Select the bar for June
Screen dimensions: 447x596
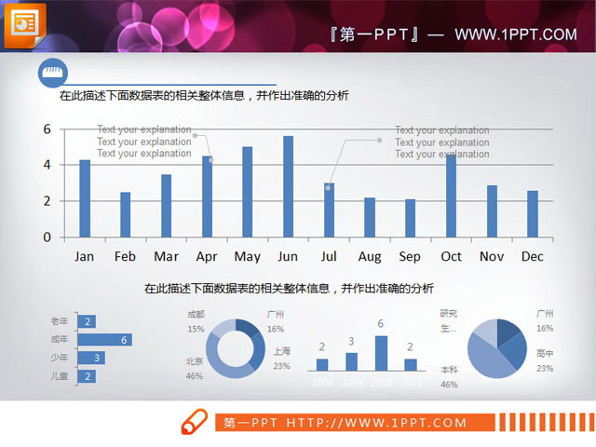tap(288, 186)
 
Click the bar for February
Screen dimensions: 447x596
tap(125, 214)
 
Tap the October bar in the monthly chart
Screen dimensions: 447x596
tap(451, 196)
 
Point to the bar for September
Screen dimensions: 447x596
tap(410, 218)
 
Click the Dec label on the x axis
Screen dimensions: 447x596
tap(533, 256)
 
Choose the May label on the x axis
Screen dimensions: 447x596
tap(247, 256)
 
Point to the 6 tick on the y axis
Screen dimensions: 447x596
tap(47, 129)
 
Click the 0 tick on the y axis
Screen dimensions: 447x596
tap(47, 237)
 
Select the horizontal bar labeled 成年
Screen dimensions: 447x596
tap(103, 340)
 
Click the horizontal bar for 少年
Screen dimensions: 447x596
tap(90, 358)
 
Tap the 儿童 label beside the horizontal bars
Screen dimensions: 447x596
tap(59, 376)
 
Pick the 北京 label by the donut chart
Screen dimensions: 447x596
tap(195, 361)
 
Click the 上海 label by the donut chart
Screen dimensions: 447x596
tap(282, 351)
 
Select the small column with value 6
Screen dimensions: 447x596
tap(381, 353)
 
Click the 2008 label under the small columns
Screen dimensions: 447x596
tap(322, 382)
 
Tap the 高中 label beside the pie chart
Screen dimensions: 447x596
tap(545, 353)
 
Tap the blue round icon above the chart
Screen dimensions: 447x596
tap(51, 73)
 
